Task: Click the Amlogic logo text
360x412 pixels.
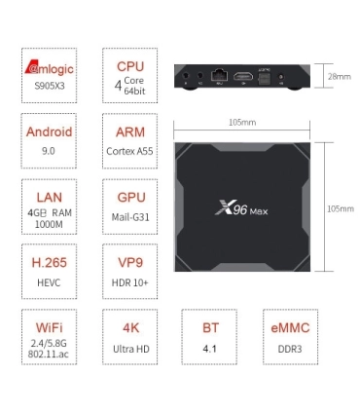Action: click(48, 69)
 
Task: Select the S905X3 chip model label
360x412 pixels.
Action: click(48, 86)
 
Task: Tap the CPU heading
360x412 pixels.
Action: click(130, 66)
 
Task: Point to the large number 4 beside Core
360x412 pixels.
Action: click(119, 85)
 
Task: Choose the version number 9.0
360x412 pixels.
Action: click(48, 151)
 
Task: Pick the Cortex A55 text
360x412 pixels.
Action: click(130, 151)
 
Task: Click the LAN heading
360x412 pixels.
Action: click(48, 196)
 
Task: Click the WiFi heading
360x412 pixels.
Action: click(48, 328)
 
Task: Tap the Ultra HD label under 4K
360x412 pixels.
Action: click(130, 348)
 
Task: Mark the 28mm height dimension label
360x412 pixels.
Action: click(340, 76)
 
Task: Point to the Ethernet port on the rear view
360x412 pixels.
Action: click(221, 75)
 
